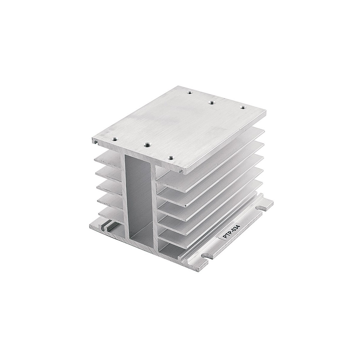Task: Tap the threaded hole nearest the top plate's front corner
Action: click(170, 152)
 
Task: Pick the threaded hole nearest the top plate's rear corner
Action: click(190, 92)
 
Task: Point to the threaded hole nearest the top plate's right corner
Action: click(243, 107)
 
